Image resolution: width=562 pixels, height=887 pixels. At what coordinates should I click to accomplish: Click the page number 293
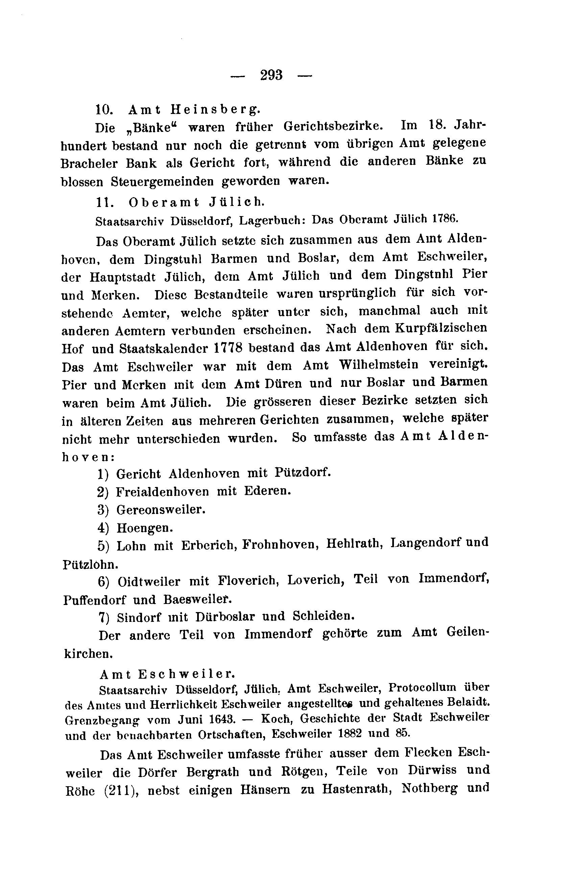point(272,75)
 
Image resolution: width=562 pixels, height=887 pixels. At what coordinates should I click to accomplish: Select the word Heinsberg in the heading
point(215,110)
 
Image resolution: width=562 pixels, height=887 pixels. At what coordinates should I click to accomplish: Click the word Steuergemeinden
point(162,181)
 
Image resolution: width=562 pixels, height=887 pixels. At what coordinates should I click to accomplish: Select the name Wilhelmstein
point(379,365)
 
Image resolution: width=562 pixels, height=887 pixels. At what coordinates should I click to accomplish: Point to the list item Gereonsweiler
point(161,510)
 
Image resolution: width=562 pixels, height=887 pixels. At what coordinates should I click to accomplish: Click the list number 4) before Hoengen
point(103,528)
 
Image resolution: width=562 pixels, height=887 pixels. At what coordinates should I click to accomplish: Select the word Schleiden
point(324,616)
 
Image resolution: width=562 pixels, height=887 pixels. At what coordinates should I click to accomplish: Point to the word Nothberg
point(430,789)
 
